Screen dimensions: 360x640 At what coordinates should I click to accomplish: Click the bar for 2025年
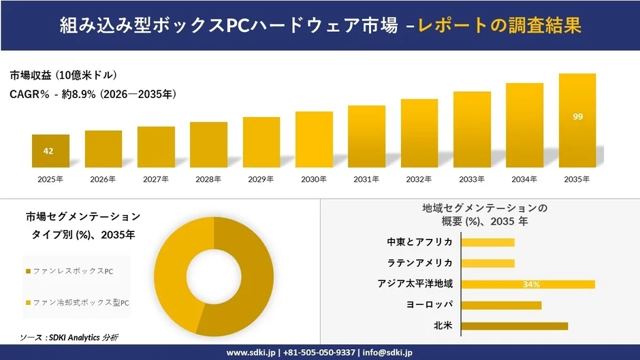pos(50,150)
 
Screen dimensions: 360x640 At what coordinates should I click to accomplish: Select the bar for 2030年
pos(314,140)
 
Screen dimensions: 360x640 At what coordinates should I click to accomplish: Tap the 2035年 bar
pos(577,120)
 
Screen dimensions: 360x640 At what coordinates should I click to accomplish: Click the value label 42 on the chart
pos(48,151)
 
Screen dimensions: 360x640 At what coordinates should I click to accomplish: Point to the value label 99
pos(577,117)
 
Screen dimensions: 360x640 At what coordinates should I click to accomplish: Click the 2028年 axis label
pos(208,180)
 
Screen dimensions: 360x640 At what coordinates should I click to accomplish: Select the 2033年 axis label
pos(472,180)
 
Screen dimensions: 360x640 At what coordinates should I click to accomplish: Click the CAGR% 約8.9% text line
pos(93,95)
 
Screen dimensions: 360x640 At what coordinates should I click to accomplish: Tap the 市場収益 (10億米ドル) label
pos(63,75)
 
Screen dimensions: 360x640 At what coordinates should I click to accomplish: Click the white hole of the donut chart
pos(214,277)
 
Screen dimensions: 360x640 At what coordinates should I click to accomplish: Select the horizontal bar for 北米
pos(514,326)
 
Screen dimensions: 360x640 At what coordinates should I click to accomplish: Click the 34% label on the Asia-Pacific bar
pos(532,284)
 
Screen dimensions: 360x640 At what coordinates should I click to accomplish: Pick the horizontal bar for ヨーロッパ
pos(501,305)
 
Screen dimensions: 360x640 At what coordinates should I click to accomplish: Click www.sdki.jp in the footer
pos(250,353)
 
